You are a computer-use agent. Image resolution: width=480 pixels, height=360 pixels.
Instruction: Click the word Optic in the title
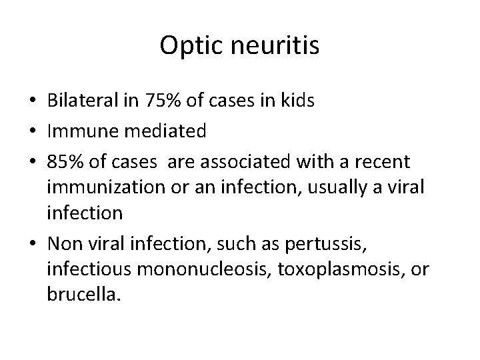coord(187,46)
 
